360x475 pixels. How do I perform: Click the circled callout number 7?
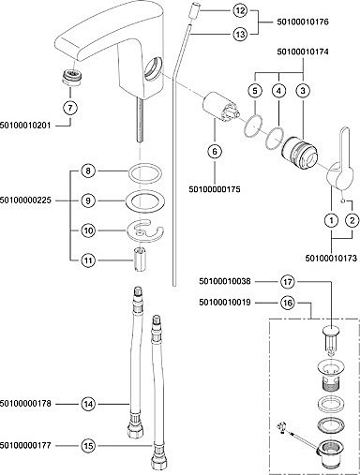[70, 108]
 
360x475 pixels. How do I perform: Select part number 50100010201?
[25, 126]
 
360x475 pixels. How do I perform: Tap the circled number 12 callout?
[240, 11]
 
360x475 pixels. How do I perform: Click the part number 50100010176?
[303, 22]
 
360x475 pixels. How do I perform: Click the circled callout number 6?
[215, 152]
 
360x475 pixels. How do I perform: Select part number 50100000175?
[215, 189]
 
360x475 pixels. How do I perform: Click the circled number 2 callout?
[352, 220]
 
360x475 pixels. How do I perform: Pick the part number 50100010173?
[331, 259]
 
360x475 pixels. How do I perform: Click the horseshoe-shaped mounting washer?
[145, 230]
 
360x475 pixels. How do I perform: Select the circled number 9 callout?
[88, 200]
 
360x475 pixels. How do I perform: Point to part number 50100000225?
[25, 200]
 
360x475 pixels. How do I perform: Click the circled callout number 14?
[89, 404]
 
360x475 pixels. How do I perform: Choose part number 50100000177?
[25, 445]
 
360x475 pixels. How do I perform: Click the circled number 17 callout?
[288, 282]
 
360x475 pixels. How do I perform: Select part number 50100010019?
[225, 303]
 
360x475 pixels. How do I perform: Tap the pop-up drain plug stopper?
[331, 339]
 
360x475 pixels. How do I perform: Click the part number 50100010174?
[303, 52]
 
